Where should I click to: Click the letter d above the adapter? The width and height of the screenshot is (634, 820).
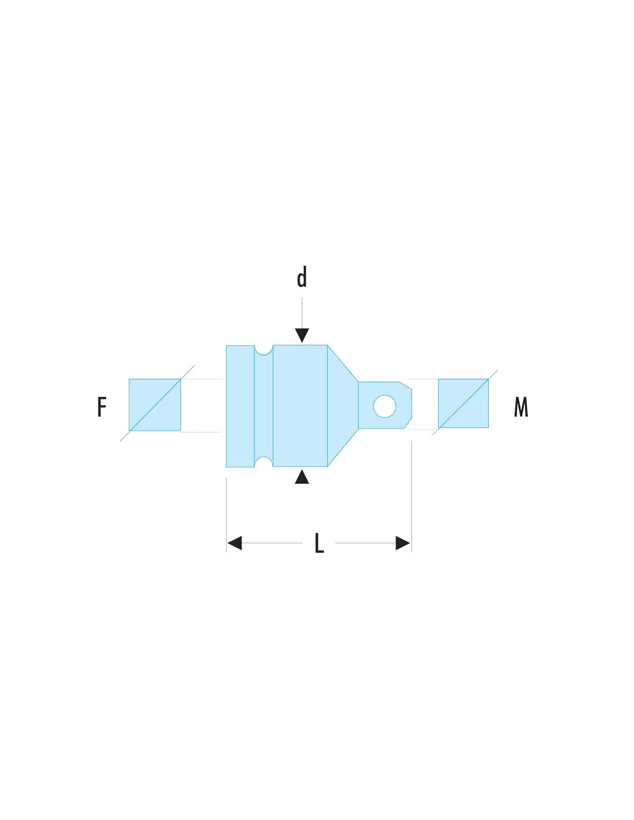click(x=301, y=276)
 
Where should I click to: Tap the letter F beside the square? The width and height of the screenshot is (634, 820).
click(x=101, y=407)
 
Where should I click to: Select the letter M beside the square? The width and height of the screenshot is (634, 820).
click(x=520, y=407)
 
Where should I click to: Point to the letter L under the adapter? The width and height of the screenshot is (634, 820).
click(x=319, y=543)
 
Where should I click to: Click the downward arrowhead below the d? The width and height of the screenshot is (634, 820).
click(x=301, y=334)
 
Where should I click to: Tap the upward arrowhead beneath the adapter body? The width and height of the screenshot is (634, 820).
click(x=301, y=477)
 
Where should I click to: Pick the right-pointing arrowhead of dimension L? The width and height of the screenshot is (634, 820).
click(x=403, y=543)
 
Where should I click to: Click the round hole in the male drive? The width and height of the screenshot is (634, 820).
click(x=384, y=406)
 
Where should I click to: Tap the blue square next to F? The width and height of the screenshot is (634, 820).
click(x=154, y=405)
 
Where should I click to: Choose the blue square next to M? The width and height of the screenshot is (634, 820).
click(x=463, y=403)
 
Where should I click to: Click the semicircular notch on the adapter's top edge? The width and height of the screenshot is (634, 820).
click(x=263, y=350)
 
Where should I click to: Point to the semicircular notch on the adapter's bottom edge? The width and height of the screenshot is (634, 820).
click(x=263, y=462)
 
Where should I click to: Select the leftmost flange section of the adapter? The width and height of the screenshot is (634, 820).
click(x=240, y=406)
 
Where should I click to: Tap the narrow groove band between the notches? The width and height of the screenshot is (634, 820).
click(x=263, y=406)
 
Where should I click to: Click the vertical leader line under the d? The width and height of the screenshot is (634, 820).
click(x=301, y=313)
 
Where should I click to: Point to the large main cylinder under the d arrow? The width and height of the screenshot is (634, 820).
click(x=300, y=405)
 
